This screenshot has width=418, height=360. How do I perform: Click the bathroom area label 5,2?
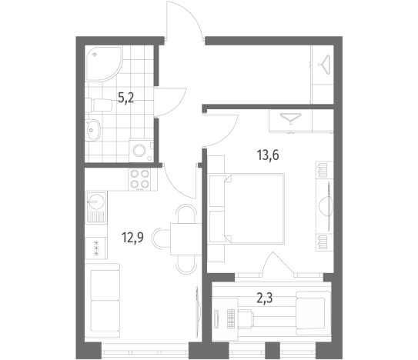click(x=125, y=98)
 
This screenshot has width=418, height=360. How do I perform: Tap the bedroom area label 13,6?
click(x=268, y=155)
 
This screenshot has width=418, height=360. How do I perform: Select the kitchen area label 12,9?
click(x=132, y=238)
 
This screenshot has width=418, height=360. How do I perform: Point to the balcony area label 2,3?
click(x=265, y=298)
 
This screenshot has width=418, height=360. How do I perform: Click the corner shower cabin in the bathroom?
click(x=103, y=63)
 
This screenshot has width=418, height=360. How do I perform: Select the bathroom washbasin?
click(x=92, y=130)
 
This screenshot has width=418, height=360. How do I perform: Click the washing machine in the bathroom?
click(x=142, y=150)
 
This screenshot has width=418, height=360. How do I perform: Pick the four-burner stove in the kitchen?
click(x=139, y=179)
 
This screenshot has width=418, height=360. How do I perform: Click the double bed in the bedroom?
click(x=246, y=208)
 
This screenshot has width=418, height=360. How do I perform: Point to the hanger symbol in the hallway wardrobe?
click(x=324, y=65)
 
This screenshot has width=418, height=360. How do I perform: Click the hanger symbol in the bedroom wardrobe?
click(x=290, y=119)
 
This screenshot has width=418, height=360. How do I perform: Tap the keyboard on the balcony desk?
click(x=230, y=318)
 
